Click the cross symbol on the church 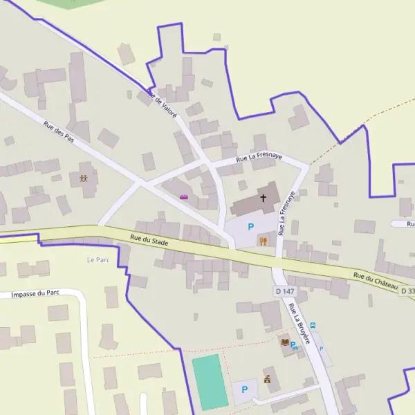[263, 198]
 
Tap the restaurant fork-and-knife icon [263, 241]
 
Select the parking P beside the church [251, 227]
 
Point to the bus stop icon [313, 325]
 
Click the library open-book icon [284, 342]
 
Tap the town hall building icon [267, 378]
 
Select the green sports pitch [210, 382]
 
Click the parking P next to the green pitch [244, 390]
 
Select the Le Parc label [98, 260]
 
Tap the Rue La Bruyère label [300, 324]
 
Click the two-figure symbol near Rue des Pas [84, 178]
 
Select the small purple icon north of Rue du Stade [184, 199]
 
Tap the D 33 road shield [407, 291]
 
